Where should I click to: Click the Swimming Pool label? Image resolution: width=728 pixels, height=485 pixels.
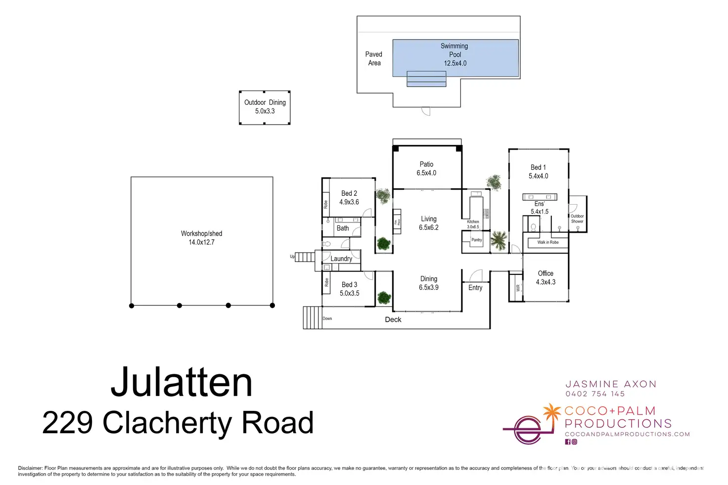(455, 50)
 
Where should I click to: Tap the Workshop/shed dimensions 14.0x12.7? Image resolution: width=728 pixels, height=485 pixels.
(201, 242)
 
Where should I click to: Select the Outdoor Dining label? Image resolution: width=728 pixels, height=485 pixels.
(265, 102)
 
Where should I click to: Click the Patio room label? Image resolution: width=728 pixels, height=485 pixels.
(426, 164)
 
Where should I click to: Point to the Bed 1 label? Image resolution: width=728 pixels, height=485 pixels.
(538, 168)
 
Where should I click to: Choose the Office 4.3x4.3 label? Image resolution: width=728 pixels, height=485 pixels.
(546, 277)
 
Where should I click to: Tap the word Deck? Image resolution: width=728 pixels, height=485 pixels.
(393, 319)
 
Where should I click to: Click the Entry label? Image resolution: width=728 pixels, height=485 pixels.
(475, 288)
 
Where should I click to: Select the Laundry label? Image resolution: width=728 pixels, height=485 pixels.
(341, 259)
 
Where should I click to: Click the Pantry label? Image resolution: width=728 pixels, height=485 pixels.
(476, 240)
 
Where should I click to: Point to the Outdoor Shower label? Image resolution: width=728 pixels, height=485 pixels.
(577, 219)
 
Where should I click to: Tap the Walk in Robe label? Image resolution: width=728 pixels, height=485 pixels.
(548, 242)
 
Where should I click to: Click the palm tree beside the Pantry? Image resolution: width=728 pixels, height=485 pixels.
(499, 241)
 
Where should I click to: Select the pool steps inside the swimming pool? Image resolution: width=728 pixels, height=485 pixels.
(426, 79)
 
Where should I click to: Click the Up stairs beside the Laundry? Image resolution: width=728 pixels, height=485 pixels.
(305, 257)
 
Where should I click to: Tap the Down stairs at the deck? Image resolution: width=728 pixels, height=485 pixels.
(312, 317)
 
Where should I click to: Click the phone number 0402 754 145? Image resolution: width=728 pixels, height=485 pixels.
(595, 394)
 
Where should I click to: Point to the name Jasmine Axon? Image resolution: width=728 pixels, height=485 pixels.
(611, 384)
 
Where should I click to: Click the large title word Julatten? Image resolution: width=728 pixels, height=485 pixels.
(182, 382)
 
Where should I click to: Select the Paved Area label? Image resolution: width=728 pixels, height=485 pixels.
(374, 58)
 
